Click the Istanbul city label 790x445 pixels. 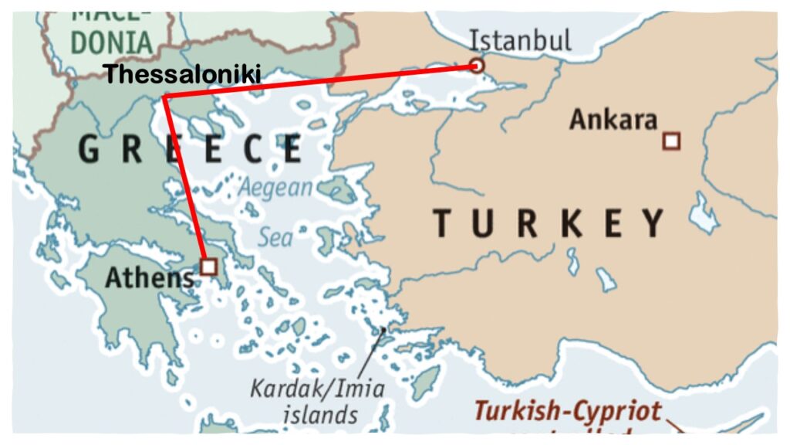coord(521,39)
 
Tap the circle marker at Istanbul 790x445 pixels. coord(477,66)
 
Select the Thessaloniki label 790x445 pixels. coord(182,74)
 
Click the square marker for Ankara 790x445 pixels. coord(671,141)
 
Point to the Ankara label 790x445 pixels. coord(613,120)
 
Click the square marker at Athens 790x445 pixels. coord(208,267)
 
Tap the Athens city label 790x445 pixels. coord(148,277)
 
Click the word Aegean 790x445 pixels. coord(276,188)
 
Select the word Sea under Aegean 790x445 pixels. coord(275,236)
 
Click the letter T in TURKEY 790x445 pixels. coord(442,223)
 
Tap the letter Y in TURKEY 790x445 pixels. coord(653,223)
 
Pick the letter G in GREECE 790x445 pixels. coord(89,149)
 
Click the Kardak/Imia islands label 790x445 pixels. coord(316,388)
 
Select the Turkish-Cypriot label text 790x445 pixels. coord(567,410)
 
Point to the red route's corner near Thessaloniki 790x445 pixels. coord(165,97)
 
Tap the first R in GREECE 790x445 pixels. coord(133,149)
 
